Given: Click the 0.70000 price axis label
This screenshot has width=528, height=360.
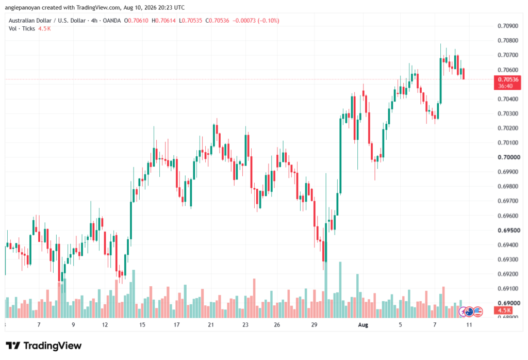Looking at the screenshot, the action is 508,157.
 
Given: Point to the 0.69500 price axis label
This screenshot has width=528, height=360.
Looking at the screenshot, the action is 508,231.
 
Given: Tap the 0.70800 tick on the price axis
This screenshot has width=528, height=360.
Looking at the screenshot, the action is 508,40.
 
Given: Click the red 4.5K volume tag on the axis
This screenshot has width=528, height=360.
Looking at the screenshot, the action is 504,310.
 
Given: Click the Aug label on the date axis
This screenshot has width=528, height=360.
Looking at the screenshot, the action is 363,325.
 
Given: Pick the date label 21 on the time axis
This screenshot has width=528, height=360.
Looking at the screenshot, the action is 211,325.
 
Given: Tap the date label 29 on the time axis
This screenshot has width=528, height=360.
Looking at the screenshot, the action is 314,325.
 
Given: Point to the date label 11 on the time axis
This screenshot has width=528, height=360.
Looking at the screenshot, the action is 469,325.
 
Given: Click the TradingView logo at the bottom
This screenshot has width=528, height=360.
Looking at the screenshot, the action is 44,346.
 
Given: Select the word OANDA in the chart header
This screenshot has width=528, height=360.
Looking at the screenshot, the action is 111,21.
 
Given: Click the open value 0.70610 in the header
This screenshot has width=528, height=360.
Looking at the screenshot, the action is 138,21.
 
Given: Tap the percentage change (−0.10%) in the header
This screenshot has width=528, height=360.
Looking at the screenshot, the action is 268,21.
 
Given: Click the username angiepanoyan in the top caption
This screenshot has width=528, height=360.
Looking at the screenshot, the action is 22,7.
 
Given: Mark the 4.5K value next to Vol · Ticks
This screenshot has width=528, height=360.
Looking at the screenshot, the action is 44,29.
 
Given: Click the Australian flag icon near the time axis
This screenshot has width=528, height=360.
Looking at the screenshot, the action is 469,312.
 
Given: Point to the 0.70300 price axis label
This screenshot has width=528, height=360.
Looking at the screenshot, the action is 508,113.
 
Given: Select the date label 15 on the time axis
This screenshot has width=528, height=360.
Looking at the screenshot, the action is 142,325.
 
